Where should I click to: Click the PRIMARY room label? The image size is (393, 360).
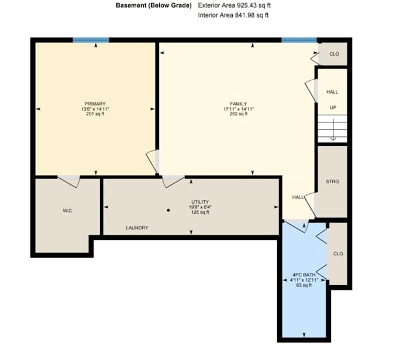(x=95, y=104)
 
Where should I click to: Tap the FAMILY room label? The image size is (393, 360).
(x=239, y=104)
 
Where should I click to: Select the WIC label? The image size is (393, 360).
(x=67, y=211)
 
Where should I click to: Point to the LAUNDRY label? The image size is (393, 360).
(x=137, y=228)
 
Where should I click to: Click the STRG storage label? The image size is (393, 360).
(x=332, y=181)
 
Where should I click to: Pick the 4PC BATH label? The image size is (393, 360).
(x=304, y=275)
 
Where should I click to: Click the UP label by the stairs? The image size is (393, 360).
(x=333, y=108)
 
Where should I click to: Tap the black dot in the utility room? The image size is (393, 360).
(x=168, y=210)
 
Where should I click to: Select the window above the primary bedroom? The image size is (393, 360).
(x=91, y=40)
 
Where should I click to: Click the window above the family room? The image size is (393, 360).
(x=299, y=40)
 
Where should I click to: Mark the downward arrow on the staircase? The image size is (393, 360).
(x=333, y=129)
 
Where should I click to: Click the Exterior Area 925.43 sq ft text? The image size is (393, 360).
(x=235, y=5)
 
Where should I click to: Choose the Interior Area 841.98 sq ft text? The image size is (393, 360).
(x=233, y=15)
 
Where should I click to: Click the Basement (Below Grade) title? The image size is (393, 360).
(x=154, y=5)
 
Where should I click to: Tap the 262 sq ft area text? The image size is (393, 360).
(x=239, y=114)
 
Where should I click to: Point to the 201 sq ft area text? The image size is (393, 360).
(x=95, y=114)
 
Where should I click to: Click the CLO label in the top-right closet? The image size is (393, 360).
(x=334, y=54)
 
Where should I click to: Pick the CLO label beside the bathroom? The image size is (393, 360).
(x=338, y=253)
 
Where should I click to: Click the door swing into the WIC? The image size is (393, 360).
(x=69, y=181)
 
